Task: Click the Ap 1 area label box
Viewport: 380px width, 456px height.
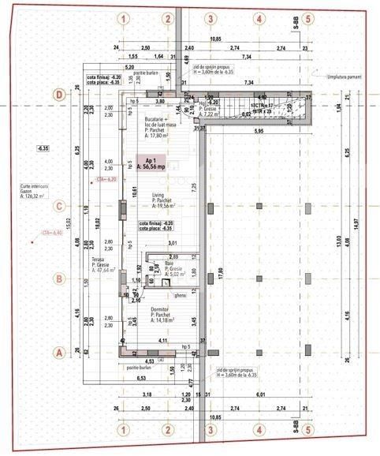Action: point(155,163)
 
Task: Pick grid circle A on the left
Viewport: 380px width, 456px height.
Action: point(58,353)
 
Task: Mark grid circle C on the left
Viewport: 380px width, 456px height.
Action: point(58,207)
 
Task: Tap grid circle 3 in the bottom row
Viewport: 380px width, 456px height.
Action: point(210,430)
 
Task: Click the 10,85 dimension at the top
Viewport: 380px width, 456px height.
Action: point(215,38)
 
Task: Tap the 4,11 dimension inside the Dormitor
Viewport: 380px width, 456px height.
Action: point(162,340)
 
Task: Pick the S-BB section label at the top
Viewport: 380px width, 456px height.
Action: point(294,21)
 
